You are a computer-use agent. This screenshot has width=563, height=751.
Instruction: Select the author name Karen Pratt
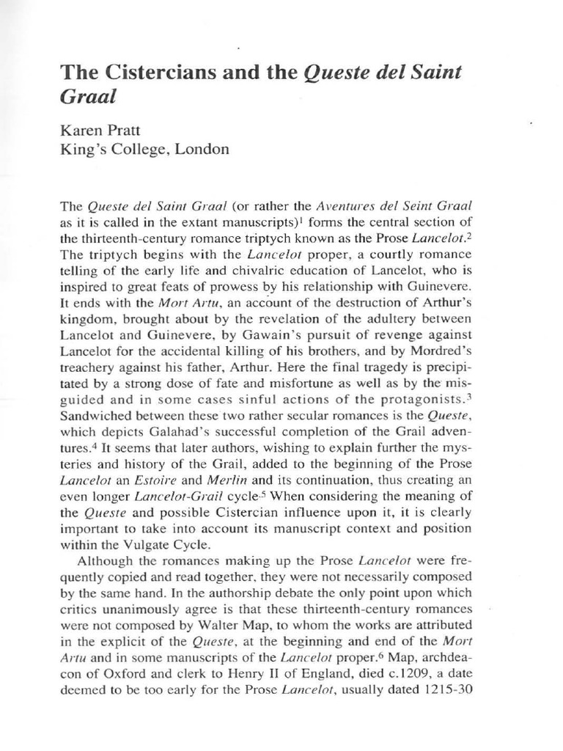click(x=96, y=130)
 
